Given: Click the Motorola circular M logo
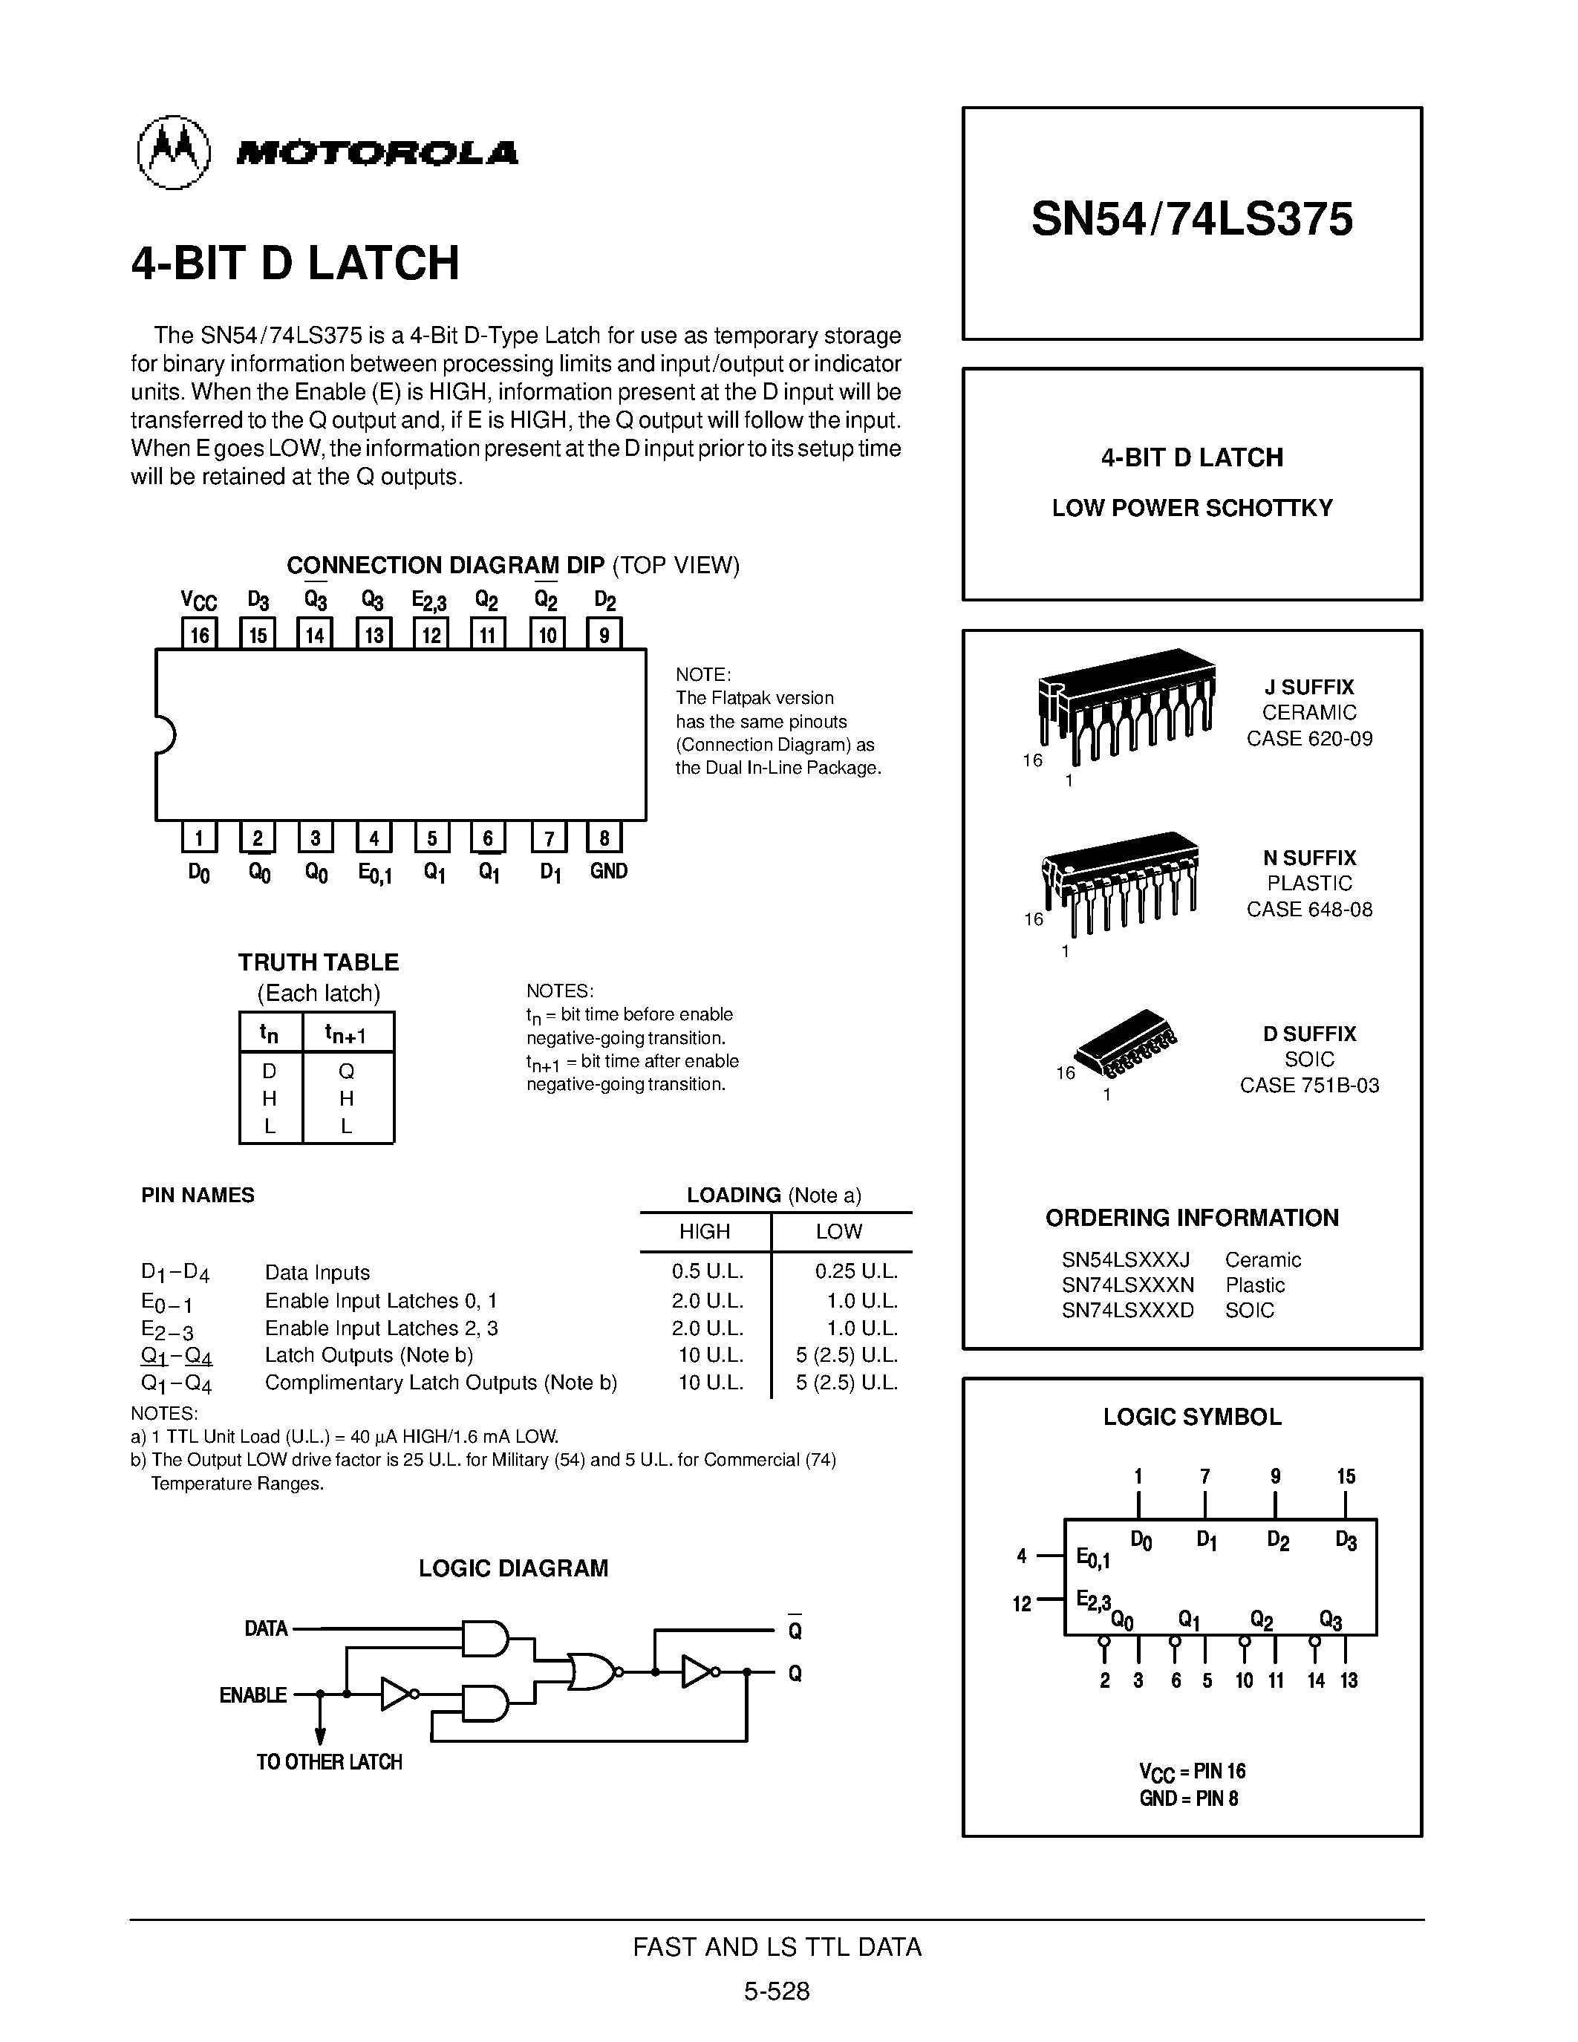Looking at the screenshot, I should pyautogui.click(x=174, y=152).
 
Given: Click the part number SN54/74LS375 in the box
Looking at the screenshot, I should pyautogui.click(x=1192, y=220).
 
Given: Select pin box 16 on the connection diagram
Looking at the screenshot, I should pyautogui.click(x=199, y=635).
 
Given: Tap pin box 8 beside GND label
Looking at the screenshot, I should pyautogui.click(x=604, y=838).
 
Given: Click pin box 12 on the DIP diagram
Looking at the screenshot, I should pyautogui.click(x=431, y=635).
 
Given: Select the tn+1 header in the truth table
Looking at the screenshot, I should pyautogui.click(x=346, y=1033).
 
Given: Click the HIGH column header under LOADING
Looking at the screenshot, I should pyautogui.click(x=704, y=1231).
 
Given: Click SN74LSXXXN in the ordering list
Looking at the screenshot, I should pyautogui.click(x=1127, y=1285).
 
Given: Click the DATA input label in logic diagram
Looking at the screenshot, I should pyautogui.click(x=266, y=1628).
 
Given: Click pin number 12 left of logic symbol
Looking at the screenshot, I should pyautogui.click(x=1022, y=1605).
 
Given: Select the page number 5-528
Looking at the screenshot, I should pyautogui.click(x=777, y=1992).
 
